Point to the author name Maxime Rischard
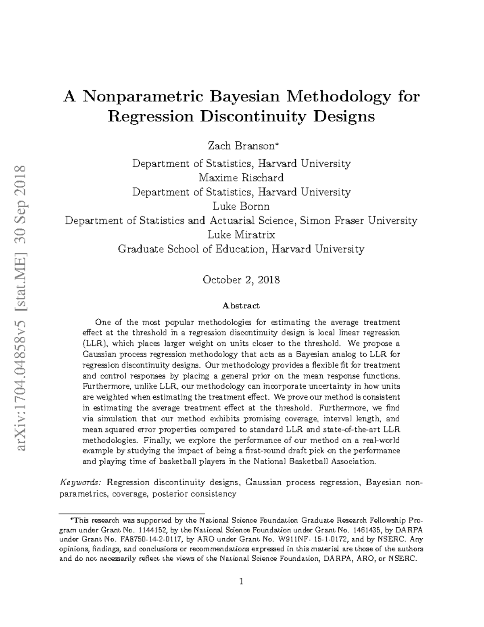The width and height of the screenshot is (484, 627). tap(241, 178)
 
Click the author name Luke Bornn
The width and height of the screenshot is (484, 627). tap(241, 206)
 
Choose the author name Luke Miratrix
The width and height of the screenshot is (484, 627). tap(241, 235)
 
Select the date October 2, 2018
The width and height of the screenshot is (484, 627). tap(241, 280)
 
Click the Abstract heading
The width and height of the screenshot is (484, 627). tap(241, 306)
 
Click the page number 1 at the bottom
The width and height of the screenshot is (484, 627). tap(241, 581)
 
